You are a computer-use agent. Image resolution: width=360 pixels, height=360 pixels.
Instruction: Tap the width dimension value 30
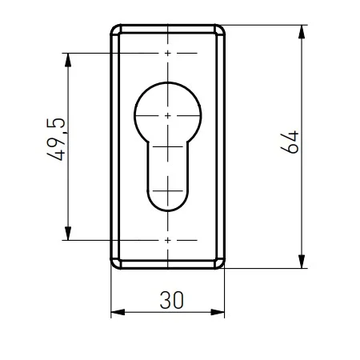(x=170, y=300)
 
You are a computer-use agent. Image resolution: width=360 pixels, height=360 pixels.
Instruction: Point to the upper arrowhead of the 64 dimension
(x=302, y=31)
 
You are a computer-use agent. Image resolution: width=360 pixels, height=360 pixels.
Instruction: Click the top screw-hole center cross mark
(x=166, y=54)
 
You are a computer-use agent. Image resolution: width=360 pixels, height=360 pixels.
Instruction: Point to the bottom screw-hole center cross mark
(x=166, y=239)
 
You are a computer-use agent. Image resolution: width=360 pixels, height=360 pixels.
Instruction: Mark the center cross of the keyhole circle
(x=166, y=116)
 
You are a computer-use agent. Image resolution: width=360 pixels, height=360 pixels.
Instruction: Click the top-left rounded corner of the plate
(x=115, y=30)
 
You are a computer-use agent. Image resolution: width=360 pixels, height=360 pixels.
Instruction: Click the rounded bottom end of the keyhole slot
(x=166, y=210)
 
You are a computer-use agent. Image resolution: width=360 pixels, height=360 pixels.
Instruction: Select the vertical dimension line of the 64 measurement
(x=302, y=200)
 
